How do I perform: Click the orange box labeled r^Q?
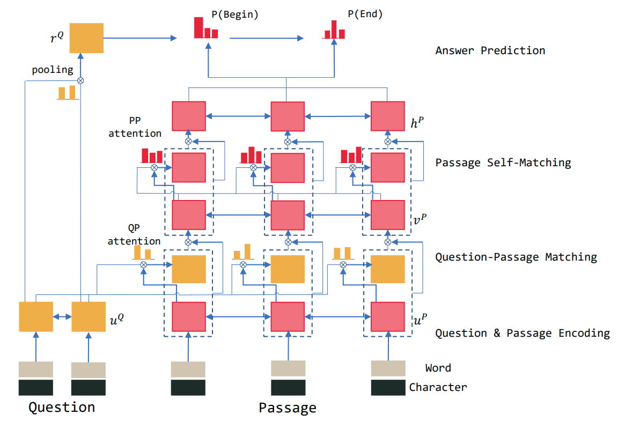coord(86,38)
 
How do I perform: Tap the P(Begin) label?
coord(235,14)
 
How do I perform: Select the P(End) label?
coord(365,14)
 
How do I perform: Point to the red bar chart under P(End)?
coord(334,30)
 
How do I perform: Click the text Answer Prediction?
coord(490,51)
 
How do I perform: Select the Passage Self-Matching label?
coord(503,162)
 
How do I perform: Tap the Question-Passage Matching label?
coord(516,257)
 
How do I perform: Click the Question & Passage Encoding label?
coord(523,334)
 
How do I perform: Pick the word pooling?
coord(53,70)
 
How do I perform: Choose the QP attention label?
coord(134,236)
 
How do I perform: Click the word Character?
coord(438,387)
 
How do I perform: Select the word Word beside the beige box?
coord(438,368)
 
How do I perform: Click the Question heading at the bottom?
coord(62,407)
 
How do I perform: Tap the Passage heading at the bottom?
coord(288,408)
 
